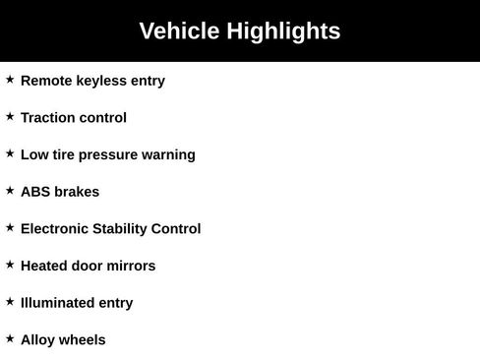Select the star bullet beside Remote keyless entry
(x=10, y=80)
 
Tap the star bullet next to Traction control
(x=10, y=116)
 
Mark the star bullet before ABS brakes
(x=10, y=191)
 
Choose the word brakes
(x=78, y=192)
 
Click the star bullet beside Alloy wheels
(x=10, y=338)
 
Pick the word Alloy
(x=38, y=340)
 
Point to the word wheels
(x=83, y=340)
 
